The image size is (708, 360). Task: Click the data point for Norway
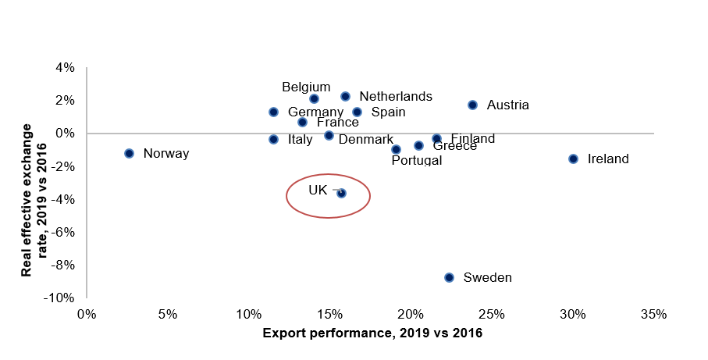tap(129, 153)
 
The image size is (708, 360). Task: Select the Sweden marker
tap(449, 277)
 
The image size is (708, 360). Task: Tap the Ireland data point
tap(573, 159)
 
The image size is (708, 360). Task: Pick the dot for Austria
tap(472, 105)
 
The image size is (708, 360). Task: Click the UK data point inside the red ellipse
tap(341, 193)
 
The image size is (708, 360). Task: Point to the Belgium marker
tap(314, 99)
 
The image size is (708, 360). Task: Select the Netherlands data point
tap(345, 96)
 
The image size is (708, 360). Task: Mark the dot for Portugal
tap(396, 149)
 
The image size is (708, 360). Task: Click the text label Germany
tap(315, 112)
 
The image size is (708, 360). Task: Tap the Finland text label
tap(473, 139)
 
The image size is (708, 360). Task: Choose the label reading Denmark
tap(366, 139)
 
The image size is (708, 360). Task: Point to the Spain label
tap(389, 112)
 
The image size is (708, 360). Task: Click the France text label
tap(337, 123)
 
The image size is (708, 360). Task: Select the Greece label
tap(454, 146)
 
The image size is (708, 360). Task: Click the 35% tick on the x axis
tap(653, 315)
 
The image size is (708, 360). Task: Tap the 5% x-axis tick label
tap(168, 315)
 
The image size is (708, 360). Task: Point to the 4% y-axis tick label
tap(65, 68)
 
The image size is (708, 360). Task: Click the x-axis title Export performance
tap(372, 333)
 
